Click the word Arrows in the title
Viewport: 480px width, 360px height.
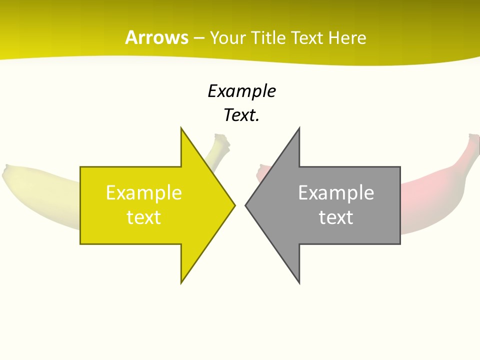click(156, 37)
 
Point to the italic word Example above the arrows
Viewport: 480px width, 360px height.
click(241, 91)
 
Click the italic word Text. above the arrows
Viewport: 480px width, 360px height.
click(241, 115)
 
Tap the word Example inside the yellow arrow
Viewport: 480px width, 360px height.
click(144, 193)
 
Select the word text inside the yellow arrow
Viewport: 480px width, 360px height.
click(144, 217)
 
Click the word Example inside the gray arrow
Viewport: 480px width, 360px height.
click(336, 193)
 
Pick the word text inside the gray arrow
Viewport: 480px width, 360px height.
click(336, 217)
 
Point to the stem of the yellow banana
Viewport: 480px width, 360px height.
click(219, 144)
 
